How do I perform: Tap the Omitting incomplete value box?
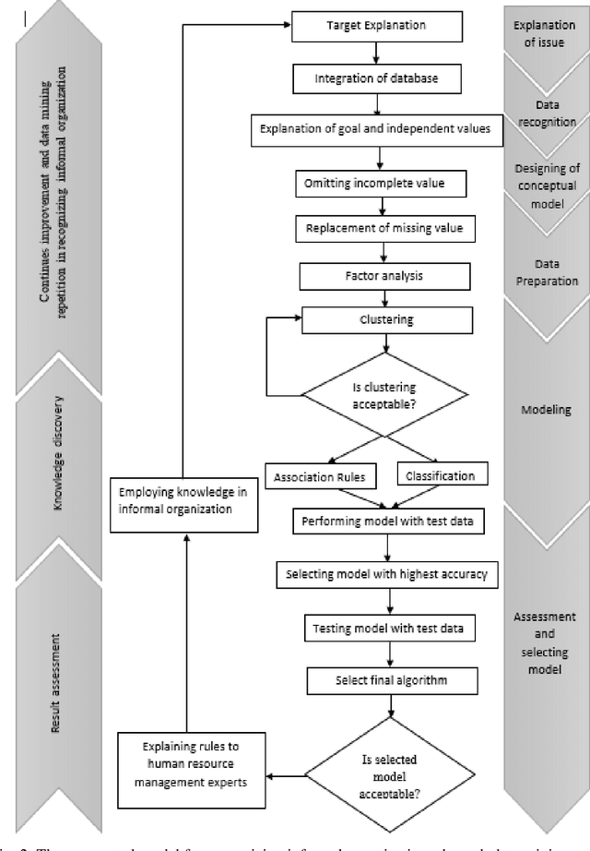click(373, 184)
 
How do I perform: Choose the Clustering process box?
click(386, 320)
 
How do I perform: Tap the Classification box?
click(441, 476)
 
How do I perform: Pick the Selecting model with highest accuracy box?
click(388, 575)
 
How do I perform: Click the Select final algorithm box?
click(393, 682)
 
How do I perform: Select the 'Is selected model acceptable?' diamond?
click(393, 772)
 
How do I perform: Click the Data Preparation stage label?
click(547, 272)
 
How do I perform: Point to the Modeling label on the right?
click(547, 410)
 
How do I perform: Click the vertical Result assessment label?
click(58, 684)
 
